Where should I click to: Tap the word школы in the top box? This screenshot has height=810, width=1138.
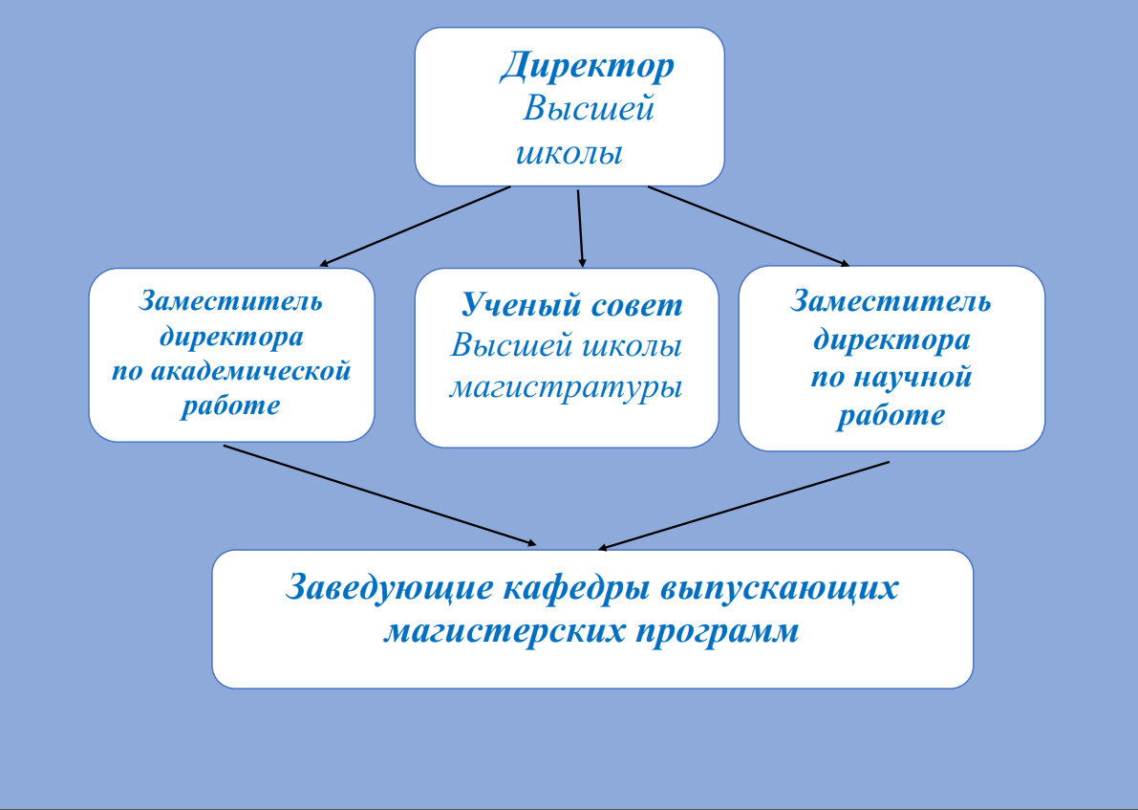pyautogui.click(x=569, y=153)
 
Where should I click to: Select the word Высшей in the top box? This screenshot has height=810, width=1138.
pyautogui.click(x=589, y=109)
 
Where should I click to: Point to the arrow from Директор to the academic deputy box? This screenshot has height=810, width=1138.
pyautogui.click(x=415, y=226)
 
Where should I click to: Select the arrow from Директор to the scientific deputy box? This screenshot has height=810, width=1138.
pyautogui.click(x=748, y=226)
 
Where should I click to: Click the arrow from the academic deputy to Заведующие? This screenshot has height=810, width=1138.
pyautogui.click(x=379, y=494)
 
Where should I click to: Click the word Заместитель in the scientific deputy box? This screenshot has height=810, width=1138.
pyautogui.click(x=891, y=301)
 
